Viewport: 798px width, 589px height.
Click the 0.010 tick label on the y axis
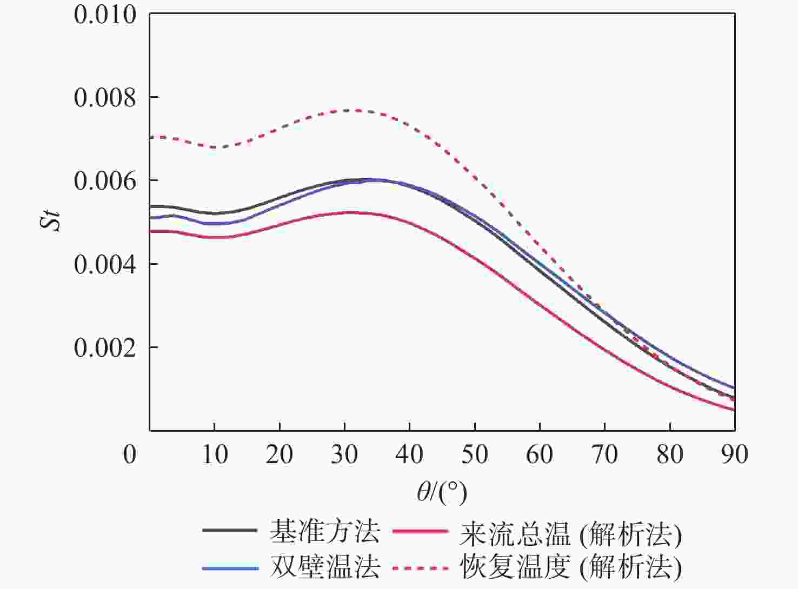pyautogui.click(x=105, y=15)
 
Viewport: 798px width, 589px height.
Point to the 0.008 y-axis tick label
pyautogui.click(x=105, y=98)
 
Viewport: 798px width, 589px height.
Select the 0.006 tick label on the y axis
pyautogui.click(x=105, y=181)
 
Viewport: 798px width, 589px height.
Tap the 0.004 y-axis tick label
pyautogui.click(x=105, y=265)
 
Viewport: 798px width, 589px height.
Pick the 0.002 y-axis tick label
pyautogui.click(x=105, y=348)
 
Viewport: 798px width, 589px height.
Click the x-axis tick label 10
pyautogui.click(x=215, y=454)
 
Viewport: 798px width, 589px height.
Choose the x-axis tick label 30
pyautogui.click(x=344, y=454)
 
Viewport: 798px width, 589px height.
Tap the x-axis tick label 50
pyautogui.click(x=475, y=454)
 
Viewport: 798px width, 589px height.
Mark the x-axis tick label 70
pyautogui.click(x=604, y=454)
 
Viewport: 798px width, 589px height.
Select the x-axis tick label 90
pyautogui.click(x=734, y=454)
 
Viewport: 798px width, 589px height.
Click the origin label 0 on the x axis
pyautogui.click(x=130, y=454)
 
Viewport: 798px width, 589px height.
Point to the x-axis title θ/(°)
pyautogui.click(x=442, y=491)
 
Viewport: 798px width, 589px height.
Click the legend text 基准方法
pyautogui.click(x=325, y=532)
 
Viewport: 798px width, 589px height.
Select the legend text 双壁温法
pyautogui.click(x=325, y=567)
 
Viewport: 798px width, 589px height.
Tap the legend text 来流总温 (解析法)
pyautogui.click(x=571, y=534)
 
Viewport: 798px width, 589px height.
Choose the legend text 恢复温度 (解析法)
pyautogui.click(x=571, y=567)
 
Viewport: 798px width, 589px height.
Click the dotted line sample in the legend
pyautogui.click(x=420, y=568)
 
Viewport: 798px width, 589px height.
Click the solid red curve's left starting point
pyautogui.click(x=151, y=231)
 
